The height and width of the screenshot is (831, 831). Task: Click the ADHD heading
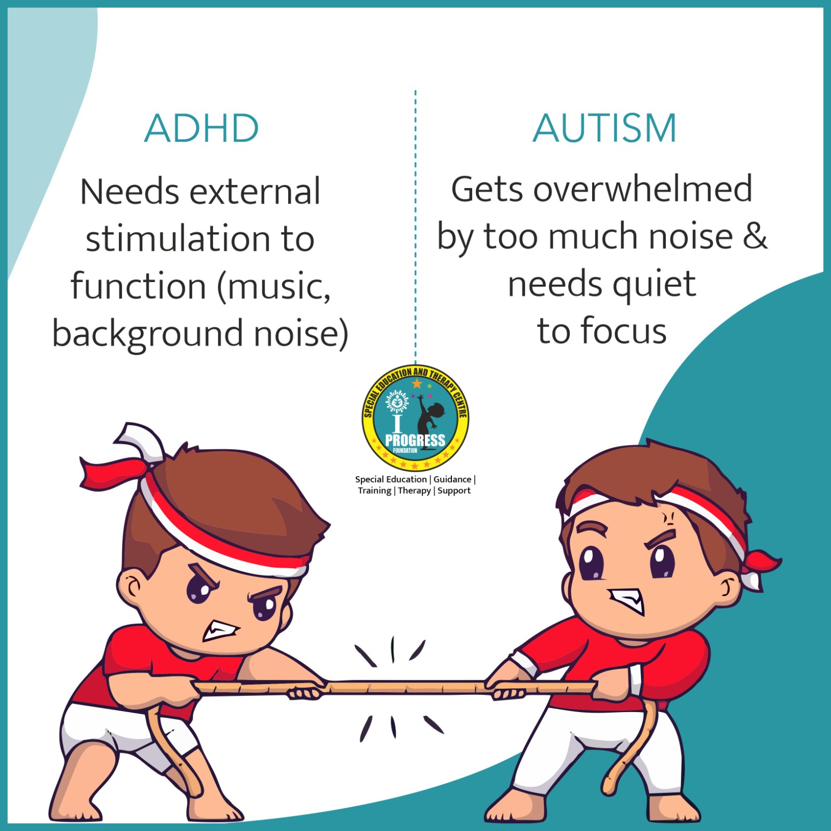(202, 128)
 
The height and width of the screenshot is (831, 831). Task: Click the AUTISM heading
(605, 128)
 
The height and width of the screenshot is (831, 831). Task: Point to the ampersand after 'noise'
(755, 235)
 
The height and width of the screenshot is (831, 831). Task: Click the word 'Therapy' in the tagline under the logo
(414, 491)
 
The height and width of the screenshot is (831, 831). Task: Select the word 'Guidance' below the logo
(452, 479)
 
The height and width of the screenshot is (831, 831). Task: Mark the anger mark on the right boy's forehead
(669, 518)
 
